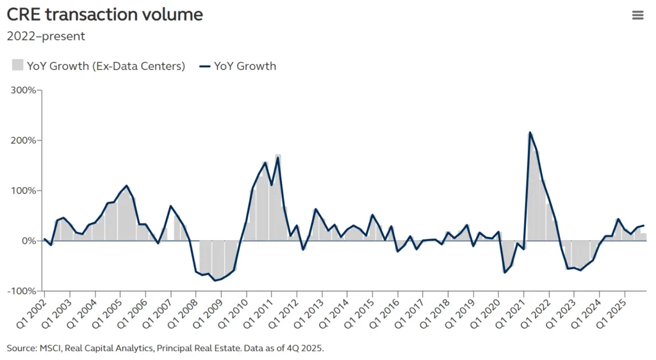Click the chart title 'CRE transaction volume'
[x=104, y=15]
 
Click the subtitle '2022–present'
[x=45, y=36]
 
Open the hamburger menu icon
[x=637, y=15]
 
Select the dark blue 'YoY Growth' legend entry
[x=238, y=65]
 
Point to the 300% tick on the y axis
[x=22, y=90]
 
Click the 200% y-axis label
[x=22, y=140]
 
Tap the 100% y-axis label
[x=22, y=191]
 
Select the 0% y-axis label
[x=28, y=241]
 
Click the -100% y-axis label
[x=20, y=291]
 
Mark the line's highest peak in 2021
[x=530, y=133]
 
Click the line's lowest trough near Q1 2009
[x=215, y=281]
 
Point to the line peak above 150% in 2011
[x=278, y=158]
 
